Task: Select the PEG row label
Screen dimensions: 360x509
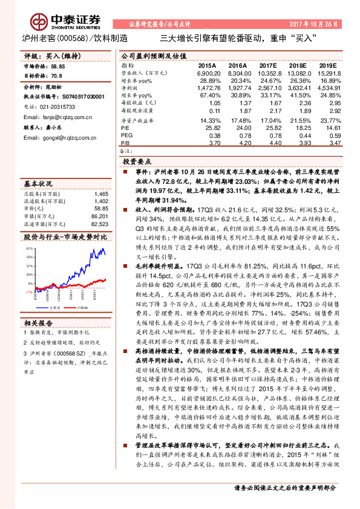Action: click(126, 137)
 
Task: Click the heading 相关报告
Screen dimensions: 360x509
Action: click(38, 322)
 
